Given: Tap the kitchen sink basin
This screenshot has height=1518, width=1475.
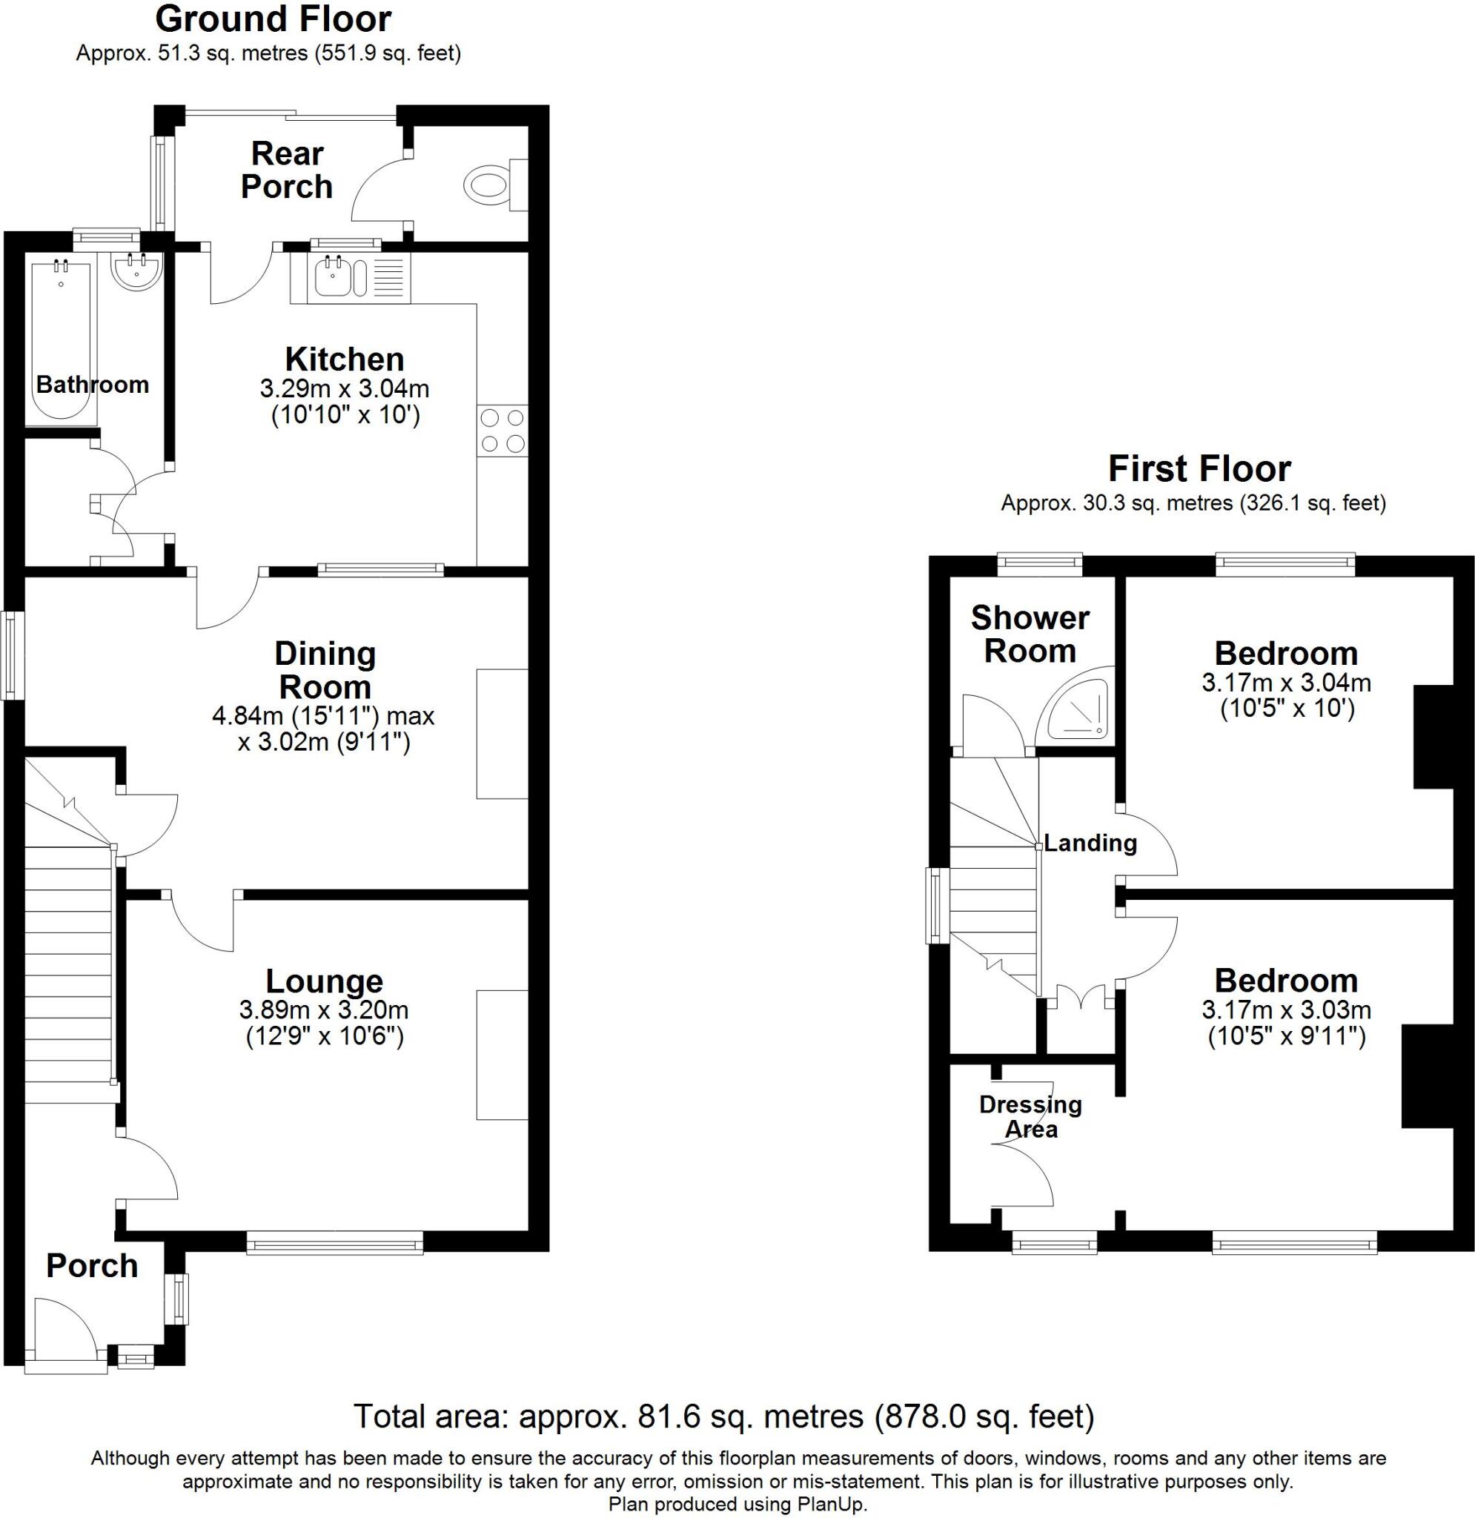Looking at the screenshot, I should (x=334, y=279).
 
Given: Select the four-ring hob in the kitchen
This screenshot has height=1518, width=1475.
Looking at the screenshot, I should (x=503, y=431).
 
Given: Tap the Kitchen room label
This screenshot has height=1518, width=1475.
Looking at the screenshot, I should (x=345, y=359).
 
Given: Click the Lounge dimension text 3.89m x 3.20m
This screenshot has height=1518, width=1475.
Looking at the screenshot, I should (x=324, y=1010).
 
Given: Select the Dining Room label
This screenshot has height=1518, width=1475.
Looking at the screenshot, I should (x=325, y=670).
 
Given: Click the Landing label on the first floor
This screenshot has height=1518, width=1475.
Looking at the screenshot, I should (x=1090, y=843).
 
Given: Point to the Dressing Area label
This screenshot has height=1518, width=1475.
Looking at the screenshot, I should (x=1030, y=1116).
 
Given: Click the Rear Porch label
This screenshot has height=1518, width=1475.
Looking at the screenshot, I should (x=287, y=170).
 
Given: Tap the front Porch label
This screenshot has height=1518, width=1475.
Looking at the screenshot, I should (x=91, y=1265).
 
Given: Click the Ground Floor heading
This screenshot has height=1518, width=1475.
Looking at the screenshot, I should (x=274, y=19).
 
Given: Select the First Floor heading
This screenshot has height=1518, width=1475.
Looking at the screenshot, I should (x=1199, y=468).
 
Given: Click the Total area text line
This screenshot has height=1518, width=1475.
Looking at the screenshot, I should (x=723, y=1416).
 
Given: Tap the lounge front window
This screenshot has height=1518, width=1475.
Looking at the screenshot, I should (x=335, y=1245).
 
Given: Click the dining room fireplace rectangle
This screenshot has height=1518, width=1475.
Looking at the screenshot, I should (x=502, y=732).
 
